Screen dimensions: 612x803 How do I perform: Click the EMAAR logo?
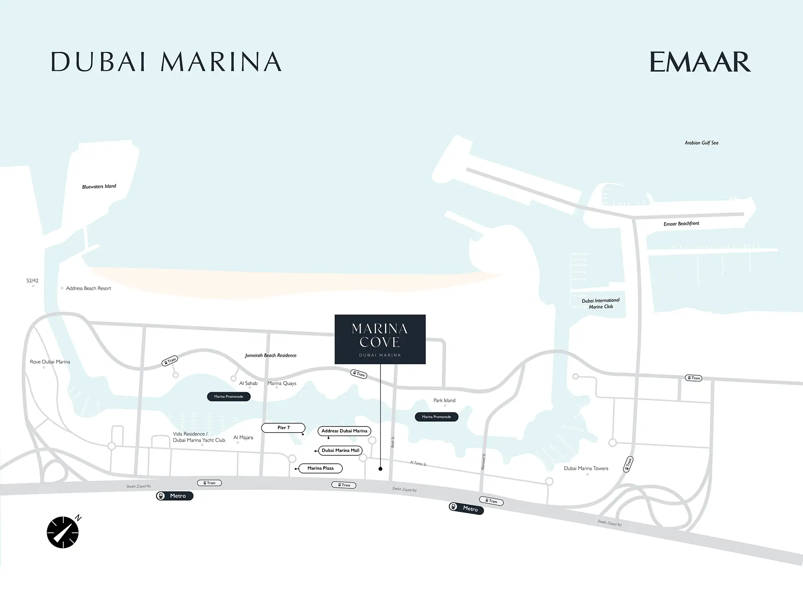[700, 62]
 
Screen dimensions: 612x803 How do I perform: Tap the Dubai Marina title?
[166, 62]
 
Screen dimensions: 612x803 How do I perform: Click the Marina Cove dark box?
[380, 339]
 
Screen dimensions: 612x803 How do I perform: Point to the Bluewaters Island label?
[99, 186]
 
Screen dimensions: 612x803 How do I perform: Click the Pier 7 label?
[283, 428]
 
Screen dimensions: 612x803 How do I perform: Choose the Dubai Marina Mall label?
[340, 451]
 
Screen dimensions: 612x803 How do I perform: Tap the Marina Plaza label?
[320, 468]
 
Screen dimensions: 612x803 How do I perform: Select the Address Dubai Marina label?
[344, 431]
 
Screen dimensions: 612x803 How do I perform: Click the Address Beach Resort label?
[88, 288]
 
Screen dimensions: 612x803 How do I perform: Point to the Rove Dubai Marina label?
[50, 362]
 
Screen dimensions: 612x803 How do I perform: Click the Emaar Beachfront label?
[681, 224]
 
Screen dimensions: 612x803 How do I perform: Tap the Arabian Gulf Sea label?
[701, 143]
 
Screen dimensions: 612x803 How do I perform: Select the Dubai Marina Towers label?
[586, 468]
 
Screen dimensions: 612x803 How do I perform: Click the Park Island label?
[444, 400]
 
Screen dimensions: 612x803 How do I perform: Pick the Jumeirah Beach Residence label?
[271, 355]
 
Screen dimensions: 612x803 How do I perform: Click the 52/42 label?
[33, 281]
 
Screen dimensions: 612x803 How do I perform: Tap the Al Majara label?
[243, 437]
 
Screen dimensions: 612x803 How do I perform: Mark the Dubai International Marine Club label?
[601, 304]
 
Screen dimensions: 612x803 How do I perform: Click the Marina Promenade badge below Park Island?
[436, 417]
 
